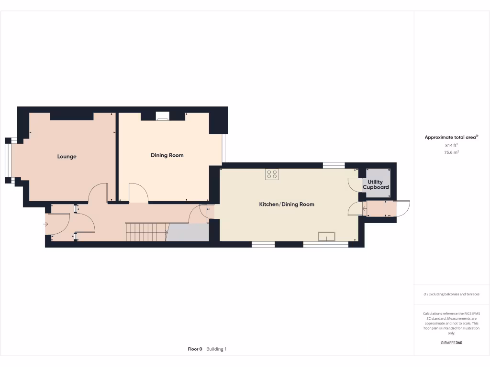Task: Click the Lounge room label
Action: pos(67,157)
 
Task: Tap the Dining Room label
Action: pos(167,155)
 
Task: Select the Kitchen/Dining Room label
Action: pos(287,205)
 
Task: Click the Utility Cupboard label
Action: pos(376,185)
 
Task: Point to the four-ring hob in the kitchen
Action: pos(272,174)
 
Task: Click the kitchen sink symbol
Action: pos(327,236)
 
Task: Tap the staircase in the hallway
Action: pos(146,232)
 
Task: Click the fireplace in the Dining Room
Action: pos(163,115)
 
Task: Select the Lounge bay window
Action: pos(8,161)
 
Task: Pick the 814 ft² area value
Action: pos(451,145)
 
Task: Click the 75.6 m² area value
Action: pos(451,152)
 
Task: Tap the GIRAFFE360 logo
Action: pos(451,343)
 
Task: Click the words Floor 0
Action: pos(195,349)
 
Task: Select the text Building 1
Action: pos(216,349)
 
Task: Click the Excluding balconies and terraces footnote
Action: pos(451,294)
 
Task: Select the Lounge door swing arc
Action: pos(97,193)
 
